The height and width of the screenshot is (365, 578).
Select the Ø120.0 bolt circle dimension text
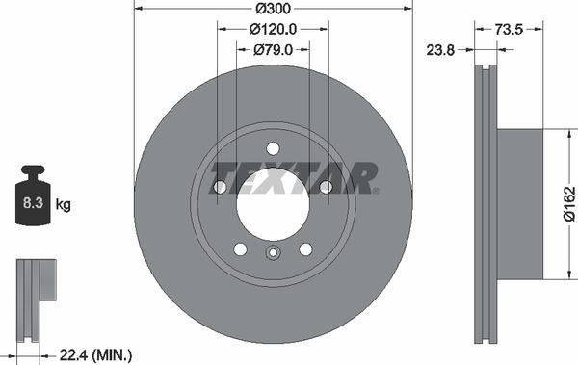pos(273,30)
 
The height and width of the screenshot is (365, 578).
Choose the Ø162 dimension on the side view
pos(569,203)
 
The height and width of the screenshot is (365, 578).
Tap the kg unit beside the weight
pos(63,204)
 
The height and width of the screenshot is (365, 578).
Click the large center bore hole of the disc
pos(273,203)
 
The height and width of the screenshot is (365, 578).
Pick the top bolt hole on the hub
pos(273,148)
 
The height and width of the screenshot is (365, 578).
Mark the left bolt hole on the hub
pos(220,187)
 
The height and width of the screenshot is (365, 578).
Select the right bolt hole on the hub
pos(326,187)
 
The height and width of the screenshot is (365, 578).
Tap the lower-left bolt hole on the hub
pos(240,249)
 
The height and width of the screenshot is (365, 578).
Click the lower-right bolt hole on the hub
pos(305,249)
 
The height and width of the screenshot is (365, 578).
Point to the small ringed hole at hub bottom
pos(273,254)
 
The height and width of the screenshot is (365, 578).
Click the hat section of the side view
pos(521,203)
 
